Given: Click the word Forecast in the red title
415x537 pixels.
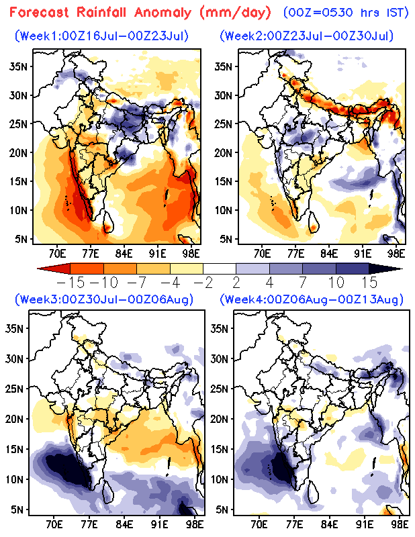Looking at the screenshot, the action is [x=40, y=13].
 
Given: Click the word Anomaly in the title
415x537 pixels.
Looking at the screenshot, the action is [x=163, y=13].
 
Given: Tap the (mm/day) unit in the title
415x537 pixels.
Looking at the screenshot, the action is [x=236, y=13].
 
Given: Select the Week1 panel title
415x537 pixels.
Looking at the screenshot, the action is [x=101, y=36].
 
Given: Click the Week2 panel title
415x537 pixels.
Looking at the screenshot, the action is [x=307, y=36].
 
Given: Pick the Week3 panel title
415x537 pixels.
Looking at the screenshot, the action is [x=104, y=299].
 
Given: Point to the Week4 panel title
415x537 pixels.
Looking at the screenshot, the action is [x=312, y=299].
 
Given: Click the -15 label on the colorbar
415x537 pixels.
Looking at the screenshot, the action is [x=71, y=283].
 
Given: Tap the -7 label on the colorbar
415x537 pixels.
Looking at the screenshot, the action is [x=137, y=283].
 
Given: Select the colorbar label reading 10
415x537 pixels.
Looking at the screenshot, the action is [x=336, y=283].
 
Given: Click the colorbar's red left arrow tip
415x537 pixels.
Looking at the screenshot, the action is [x=38, y=268].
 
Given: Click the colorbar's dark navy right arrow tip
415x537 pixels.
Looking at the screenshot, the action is [x=402, y=268].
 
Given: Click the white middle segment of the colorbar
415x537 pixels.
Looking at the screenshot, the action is [x=220, y=268].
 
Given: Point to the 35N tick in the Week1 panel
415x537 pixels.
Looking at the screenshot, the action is [x=19, y=66].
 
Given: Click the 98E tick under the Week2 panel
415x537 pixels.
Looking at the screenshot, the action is [x=396, y=254].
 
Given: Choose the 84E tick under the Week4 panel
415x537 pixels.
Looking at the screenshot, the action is [x=329, y=525].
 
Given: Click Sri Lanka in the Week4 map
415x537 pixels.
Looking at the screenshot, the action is [x=314, y=492].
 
